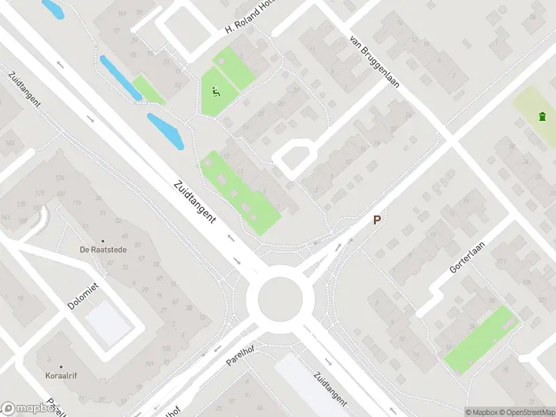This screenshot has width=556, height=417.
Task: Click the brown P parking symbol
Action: (377, 220)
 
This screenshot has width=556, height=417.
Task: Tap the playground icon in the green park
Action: (215, 91)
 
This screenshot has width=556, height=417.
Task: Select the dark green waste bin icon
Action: (542, 116)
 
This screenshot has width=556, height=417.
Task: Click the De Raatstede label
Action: (103, 249)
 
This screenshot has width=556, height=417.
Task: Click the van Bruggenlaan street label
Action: (376, 63)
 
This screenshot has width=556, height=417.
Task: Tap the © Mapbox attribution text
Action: (481, 411)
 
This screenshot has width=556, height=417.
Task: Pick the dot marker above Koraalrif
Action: (61, 366)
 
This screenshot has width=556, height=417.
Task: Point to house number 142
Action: (10, 142)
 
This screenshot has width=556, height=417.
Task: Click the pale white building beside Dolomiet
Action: (108, 322)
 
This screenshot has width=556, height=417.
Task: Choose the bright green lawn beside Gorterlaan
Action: (480, 339)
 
